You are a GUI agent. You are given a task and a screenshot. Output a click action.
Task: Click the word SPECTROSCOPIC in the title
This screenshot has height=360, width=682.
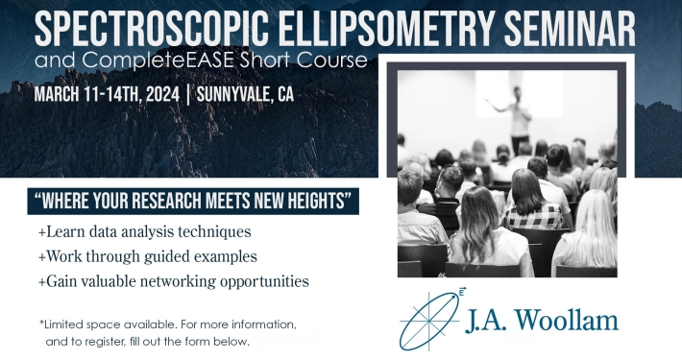pos(152,29)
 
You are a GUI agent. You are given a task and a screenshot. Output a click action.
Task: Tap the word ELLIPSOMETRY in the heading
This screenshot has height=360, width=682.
pos(387,29)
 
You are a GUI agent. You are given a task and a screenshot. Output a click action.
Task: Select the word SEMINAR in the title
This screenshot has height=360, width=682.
pos(570,29)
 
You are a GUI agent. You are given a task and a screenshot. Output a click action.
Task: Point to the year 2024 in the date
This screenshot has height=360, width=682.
pos(162,94)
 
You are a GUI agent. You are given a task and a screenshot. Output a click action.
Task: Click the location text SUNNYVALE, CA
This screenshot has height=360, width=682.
pos(245,94)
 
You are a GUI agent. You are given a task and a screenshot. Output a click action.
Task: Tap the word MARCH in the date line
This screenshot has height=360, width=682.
pos(56,94)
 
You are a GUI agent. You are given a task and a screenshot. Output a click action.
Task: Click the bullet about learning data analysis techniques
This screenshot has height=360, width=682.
pos(145,231)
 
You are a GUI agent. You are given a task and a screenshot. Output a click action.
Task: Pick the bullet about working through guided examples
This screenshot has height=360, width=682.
pos(148,256)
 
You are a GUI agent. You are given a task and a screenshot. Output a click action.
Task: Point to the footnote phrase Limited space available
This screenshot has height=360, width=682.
pos(108,324)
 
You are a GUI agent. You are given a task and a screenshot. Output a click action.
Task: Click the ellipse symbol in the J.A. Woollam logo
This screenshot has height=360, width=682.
pos(429,321)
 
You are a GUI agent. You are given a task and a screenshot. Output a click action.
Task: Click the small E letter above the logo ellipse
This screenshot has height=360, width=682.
pos(461,292)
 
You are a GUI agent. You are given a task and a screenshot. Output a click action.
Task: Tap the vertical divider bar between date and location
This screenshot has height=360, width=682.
pos(188,95)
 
